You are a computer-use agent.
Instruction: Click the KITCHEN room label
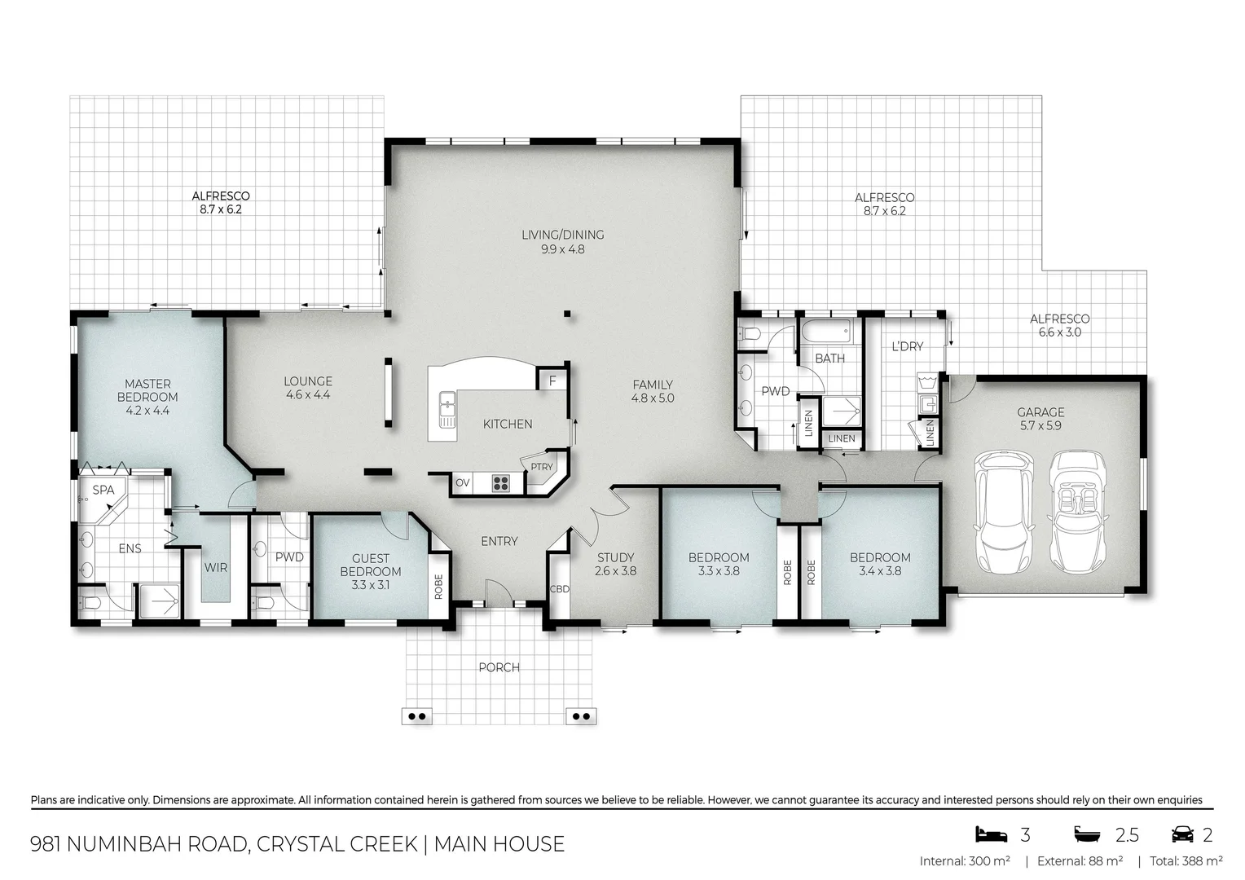tap(508, 424)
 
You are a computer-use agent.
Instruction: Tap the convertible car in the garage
tap(1081, 512)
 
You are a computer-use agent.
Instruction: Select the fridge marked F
tap(552, 381)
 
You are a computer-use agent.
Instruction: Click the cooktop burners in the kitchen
tap(500, 483)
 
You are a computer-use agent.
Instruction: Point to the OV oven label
tap(462, 483)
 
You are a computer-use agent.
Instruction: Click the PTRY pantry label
tap(541, 467)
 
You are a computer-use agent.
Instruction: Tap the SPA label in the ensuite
tap(103, 490)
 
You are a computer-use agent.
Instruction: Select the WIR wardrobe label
tap(215, 568)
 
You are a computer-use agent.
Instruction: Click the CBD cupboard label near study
tap(559, 588)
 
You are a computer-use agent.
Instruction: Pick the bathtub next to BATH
tap(829, 332)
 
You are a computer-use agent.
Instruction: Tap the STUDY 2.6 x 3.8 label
tap(615, 564)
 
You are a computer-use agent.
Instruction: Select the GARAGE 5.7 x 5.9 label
tap(1040, 419)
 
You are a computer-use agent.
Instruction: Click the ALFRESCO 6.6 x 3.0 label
tap(1059, 325)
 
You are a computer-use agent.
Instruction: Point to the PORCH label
tap(499, 667)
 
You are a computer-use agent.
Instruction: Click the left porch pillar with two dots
tap(417, 716)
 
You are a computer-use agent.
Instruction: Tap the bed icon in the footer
tap(991, 834)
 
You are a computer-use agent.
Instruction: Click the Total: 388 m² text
tap(1186, 861)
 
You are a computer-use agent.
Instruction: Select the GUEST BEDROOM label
tap(370, 565)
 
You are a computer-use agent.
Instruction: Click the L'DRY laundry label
tap(907, 346)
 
